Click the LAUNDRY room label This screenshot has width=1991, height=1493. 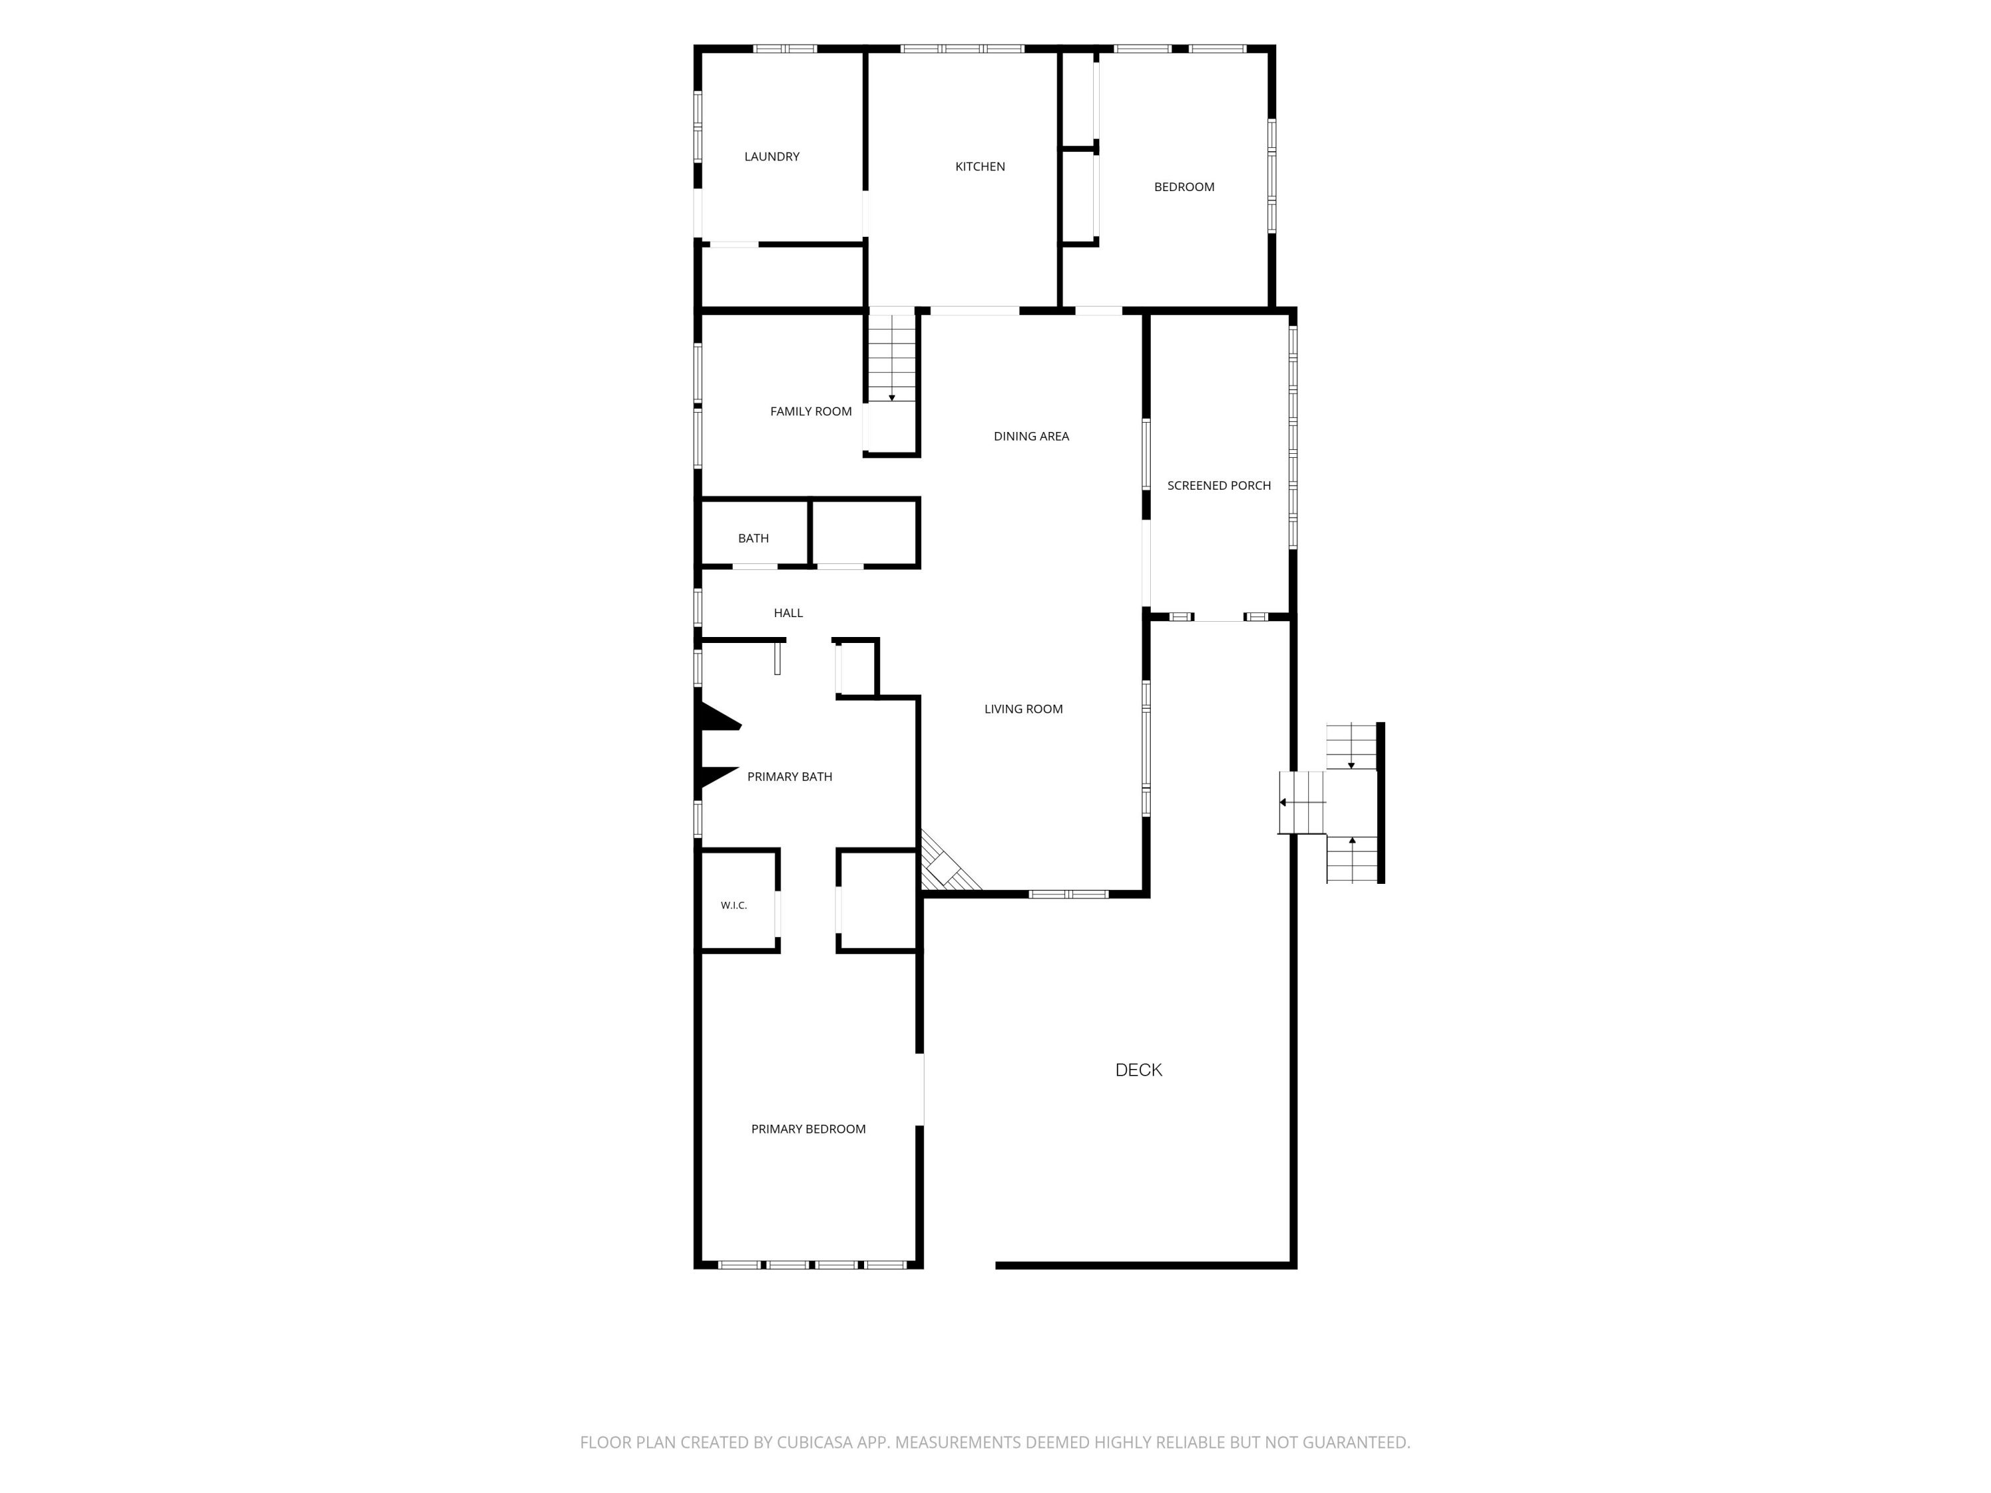(771, 157)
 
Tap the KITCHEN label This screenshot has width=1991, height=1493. (980, 167)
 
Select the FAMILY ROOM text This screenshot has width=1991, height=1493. (811, 411)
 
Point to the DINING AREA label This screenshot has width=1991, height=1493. (1031, 437)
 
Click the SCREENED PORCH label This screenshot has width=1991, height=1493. (1218, 486)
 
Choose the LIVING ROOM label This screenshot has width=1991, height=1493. (1023, 709)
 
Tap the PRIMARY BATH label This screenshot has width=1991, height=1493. (789, 776)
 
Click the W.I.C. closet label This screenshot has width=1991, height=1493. (733, 905)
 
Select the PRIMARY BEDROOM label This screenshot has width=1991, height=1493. (808, 1129)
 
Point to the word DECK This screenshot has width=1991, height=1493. (1139, 1070)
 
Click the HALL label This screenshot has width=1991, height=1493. (788, 613)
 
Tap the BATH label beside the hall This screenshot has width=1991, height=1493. (753, 538)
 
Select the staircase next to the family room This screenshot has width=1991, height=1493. (892, 356)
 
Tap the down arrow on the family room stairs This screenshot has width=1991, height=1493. (892, 397)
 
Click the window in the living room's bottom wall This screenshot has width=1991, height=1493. (1069, 894)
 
